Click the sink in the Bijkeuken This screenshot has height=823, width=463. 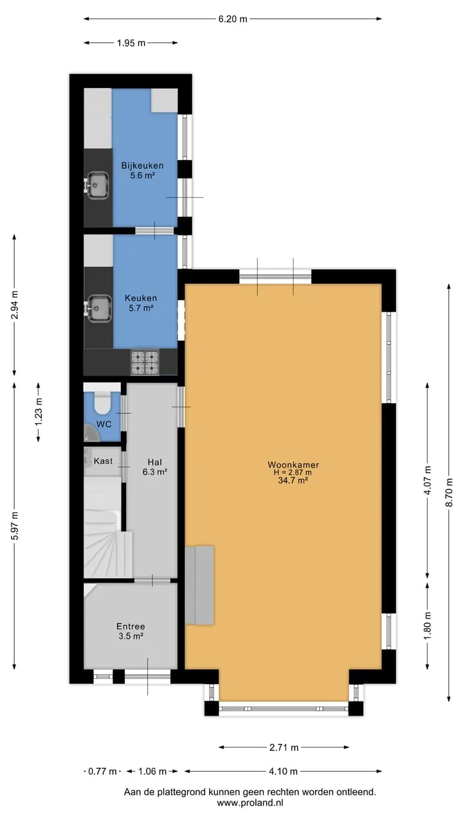97,186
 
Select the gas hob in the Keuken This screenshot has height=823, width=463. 145,362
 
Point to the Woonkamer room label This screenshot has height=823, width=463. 293,465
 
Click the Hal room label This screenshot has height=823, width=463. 155,462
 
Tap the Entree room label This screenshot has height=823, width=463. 131,626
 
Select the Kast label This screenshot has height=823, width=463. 104,461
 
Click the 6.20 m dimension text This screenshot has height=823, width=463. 233,19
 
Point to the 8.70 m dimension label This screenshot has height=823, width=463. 449,493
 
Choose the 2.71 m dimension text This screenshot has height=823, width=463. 284,747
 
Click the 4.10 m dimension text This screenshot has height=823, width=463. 283,771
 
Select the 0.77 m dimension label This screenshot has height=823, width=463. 102,771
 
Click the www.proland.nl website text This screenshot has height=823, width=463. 250,802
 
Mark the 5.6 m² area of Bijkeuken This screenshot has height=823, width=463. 142,176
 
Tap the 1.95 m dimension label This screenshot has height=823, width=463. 131,43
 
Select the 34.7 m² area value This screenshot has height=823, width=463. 293,480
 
